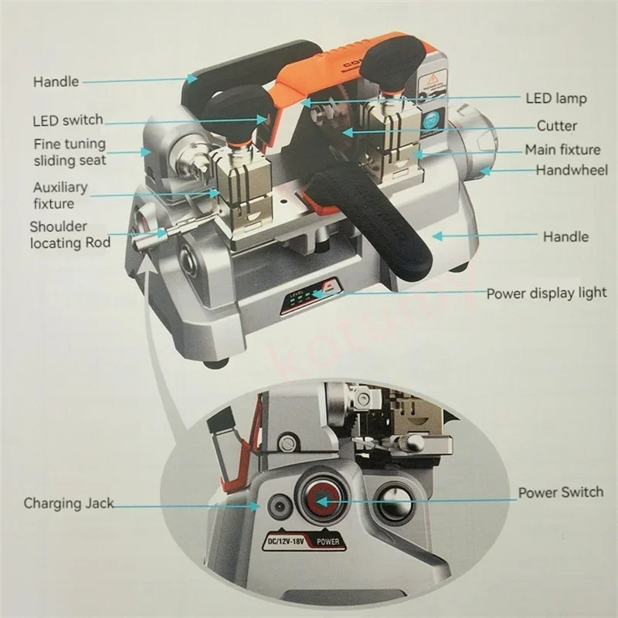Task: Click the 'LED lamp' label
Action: point(556,98)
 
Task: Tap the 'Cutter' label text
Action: point(557,125)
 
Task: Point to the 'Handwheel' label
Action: point(572,169)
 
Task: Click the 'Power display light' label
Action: point(546,294)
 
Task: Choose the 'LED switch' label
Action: point(68,121)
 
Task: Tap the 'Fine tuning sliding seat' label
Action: point(70,152)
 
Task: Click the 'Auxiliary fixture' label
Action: point(60,195)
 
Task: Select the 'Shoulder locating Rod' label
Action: point(70,235)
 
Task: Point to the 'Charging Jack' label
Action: point(68,504)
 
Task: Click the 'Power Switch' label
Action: point(561,492)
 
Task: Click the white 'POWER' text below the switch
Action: point(328,542)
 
